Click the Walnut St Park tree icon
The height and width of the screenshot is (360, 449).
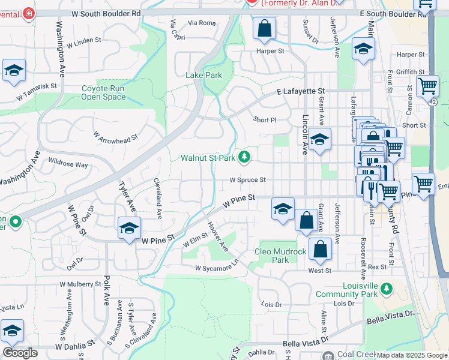tap(244, 157)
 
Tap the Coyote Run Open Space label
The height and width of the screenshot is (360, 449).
tap(103, 92)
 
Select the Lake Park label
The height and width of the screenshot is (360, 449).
tap(203, 75)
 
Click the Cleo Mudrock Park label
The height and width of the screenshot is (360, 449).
tap(280, 256)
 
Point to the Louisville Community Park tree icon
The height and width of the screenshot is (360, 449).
tap(387, 290)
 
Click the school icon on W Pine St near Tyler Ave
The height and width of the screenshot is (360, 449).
tap(129, 229)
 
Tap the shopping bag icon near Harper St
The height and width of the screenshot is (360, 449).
tap(264, 28)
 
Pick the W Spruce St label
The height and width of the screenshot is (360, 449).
tap(247, 179)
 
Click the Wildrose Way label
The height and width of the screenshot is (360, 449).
tap(68, 163)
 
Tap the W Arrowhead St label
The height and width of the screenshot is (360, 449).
tap(115, 136)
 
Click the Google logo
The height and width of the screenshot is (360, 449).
tap(20, 353)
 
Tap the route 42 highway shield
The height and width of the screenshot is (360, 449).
tap(433, 102)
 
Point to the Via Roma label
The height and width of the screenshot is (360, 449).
tap(201, 23)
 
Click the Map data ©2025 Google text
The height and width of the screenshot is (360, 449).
tap(411, 355)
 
